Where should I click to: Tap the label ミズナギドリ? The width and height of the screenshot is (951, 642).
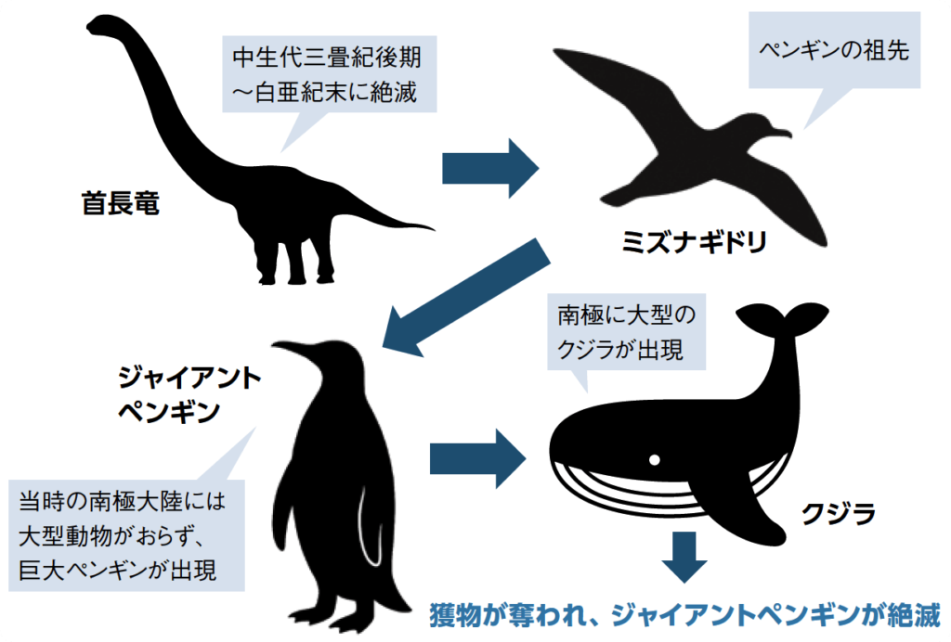(x=694, y=244)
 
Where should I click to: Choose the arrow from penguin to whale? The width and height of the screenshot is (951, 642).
(x=478, y=456)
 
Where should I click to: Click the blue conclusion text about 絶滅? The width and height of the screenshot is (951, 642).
(x=684, y=615)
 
